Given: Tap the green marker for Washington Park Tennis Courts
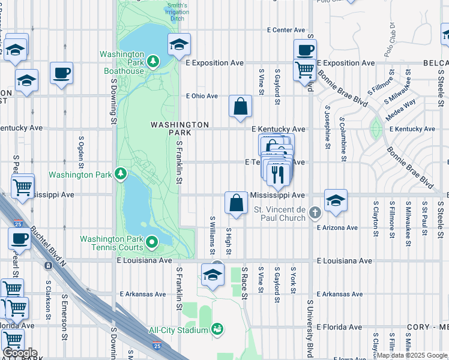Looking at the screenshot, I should coord(152,243).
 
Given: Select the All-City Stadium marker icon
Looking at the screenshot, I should coord(217,329).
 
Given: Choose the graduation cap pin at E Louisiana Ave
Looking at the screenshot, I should coord(212,274).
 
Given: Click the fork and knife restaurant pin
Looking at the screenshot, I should coord(277,173).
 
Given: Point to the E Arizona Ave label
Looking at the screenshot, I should coord(337,227).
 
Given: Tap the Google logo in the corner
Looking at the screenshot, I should coord(20,352).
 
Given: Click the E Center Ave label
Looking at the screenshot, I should coord(286,30).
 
